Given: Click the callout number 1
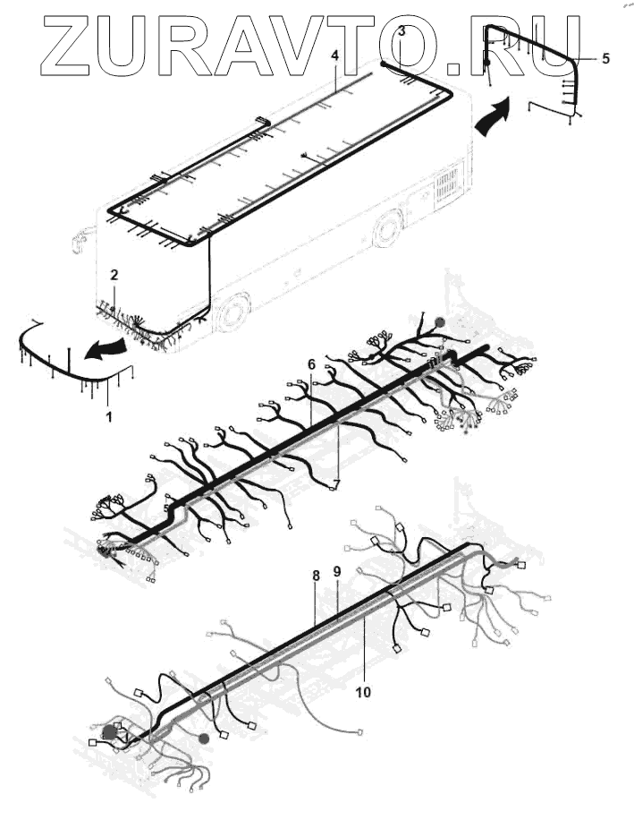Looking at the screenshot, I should tap(109, 416).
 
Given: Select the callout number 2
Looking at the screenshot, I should tap(114, 275).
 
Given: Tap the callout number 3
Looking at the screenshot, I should tap(402, 30).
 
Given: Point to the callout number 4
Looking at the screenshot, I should tap(334, 56).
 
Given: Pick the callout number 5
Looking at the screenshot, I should tap(605, 58).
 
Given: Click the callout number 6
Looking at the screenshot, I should tap(311, 364).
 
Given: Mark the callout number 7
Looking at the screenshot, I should tap(336, 483).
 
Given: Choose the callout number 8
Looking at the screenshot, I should tap(316, 577).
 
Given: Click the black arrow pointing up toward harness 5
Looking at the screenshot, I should tap(495, 116).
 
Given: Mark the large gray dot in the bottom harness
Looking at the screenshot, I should tap(110, 732).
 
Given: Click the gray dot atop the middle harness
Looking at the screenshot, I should tap(438, 320).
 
